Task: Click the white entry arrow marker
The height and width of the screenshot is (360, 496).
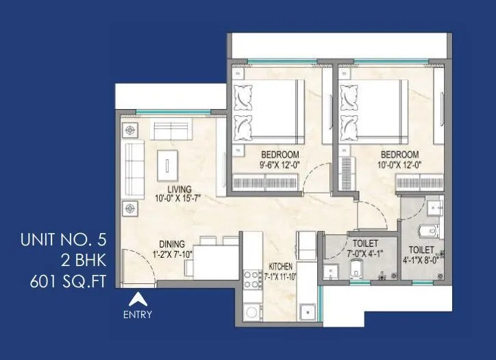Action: [138, 299]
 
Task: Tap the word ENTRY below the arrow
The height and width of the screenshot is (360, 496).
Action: [138, 315]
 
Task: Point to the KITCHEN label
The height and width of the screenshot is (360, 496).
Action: [281, 266]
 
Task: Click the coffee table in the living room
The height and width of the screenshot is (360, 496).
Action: [165, 163]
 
